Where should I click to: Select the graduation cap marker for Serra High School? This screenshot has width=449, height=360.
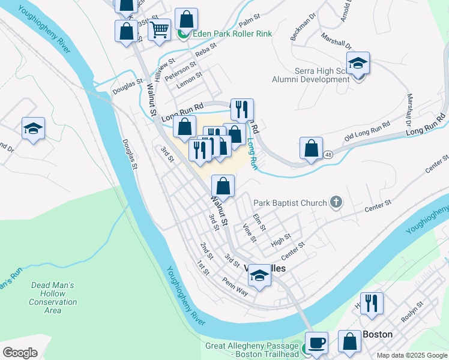(358, 63)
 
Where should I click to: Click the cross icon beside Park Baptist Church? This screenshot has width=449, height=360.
(336, 203)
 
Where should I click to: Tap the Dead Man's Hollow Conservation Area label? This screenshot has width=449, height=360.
(53, 298)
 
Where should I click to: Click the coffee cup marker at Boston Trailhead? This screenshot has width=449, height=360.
(316, 343)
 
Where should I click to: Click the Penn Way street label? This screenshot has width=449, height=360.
(235, 283)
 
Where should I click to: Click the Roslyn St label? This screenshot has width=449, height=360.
(412, 311)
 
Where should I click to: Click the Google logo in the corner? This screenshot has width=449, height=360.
(20, 352)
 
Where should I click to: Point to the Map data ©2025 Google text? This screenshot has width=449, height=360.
(411, 355)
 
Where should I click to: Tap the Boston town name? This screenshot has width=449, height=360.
(378, 334)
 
